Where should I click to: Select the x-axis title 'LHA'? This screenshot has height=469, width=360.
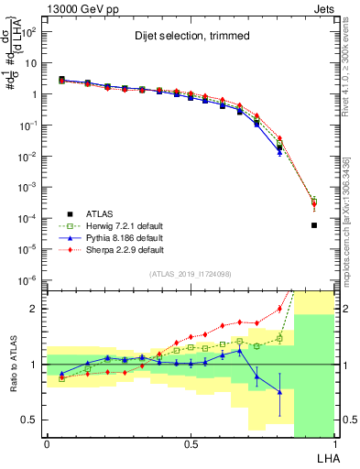328,458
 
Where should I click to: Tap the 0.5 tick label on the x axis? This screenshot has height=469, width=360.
190,443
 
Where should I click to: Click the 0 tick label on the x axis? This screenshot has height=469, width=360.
47,443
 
